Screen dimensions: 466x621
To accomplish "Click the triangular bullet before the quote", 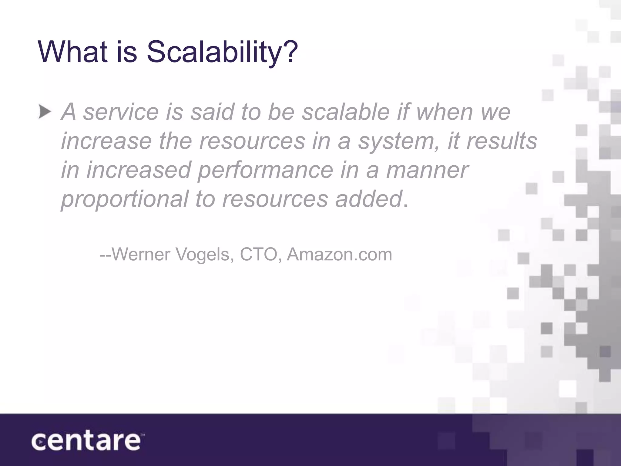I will [45, 113].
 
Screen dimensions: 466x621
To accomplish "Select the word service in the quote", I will [121, 112].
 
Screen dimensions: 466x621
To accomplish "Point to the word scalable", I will [346, 112].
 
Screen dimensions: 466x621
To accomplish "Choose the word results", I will [502, 141].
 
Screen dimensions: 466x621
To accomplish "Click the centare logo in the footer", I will [86, 441].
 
